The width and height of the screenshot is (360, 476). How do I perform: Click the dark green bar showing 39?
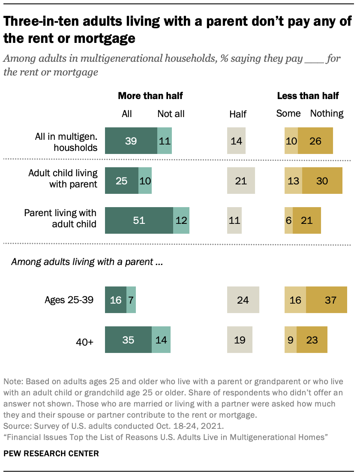click(131, 141)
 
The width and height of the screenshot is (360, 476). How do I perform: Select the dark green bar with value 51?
click(139, 220)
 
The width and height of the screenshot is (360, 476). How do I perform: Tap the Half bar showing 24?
click(243, 300)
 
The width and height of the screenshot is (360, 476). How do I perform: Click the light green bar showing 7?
click(131, 300)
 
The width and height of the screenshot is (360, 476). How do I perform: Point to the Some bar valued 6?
click(288, 220)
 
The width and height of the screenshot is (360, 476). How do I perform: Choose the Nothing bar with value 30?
click(322, 181)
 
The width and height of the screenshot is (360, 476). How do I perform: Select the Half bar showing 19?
click(240, 340)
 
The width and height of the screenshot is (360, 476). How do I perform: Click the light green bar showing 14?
click(161, 340)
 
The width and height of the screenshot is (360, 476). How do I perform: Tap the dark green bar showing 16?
click(116, 300)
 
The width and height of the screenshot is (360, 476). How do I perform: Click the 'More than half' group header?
click(147, 96)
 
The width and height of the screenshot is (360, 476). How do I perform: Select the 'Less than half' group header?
click(308, 96)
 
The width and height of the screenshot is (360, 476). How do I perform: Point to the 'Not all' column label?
click(171, 114)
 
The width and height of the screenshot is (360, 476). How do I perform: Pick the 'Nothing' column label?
click(327, 114)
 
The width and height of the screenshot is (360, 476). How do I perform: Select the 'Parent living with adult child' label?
click(60, 218)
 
